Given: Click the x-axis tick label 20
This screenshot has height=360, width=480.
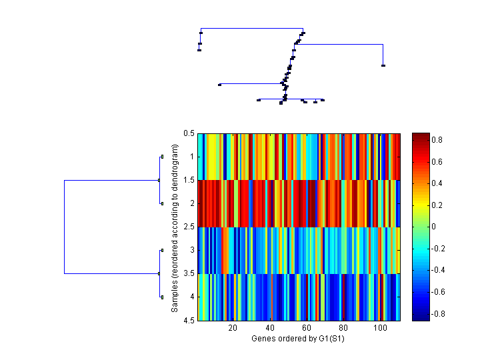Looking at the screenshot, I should (233, 328).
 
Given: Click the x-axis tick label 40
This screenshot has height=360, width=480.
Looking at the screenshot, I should (270, 328).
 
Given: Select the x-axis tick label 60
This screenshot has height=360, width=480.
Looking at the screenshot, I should (307, 328).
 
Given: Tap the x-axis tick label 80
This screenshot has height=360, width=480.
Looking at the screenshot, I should (343, 328).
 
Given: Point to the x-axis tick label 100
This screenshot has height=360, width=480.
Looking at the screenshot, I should (381, 328).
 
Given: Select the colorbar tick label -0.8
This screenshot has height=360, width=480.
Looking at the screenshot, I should (441, 314).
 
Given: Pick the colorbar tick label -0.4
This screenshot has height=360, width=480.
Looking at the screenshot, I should (441, 270).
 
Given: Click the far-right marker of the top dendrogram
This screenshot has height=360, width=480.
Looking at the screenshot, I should (383, 65).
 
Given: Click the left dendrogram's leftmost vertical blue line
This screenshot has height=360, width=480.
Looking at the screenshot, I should (64, 227).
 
